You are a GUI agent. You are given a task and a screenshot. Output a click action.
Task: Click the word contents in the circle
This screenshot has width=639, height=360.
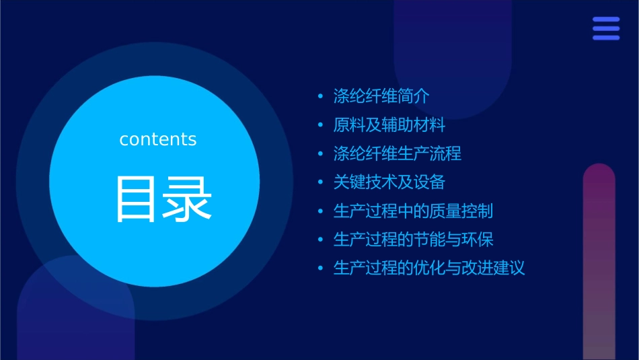[x=158, y=139]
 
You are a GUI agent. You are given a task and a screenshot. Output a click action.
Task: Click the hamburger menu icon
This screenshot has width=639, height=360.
[x=606, y=28]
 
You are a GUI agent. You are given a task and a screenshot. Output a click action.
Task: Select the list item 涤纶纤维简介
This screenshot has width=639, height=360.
[x=381, y=96]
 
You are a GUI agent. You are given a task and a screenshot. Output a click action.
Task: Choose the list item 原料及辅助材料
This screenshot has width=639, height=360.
[x=389, y=125]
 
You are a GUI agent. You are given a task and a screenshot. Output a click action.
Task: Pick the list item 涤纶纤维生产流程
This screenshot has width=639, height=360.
[x=397, y=153]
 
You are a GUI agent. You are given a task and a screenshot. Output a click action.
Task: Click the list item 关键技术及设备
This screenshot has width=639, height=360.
[x=389, y=182]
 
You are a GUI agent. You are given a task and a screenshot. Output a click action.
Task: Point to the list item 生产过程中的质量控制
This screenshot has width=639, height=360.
[x=413, y=211]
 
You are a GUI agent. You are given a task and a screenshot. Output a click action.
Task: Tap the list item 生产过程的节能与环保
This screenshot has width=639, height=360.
[x=413, y=240]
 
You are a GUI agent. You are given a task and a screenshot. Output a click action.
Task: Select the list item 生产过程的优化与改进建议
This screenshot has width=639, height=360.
[x=428, y=268]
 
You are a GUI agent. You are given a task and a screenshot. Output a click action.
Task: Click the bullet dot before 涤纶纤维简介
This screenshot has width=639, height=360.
[x=321, y=97]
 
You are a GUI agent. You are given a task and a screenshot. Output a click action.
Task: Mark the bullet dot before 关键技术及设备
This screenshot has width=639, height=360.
[x=321, y=182]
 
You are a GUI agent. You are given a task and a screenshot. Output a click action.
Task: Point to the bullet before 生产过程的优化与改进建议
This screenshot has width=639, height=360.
[x=321, y=268]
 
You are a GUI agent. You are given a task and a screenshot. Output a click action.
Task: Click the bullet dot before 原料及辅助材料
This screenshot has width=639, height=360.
[x=321, y=125]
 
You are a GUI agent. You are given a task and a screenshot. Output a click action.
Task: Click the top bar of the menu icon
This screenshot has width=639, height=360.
[x=606, y=20]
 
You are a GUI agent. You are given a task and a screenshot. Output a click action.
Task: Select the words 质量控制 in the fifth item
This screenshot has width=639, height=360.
[x=461, y=211]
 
